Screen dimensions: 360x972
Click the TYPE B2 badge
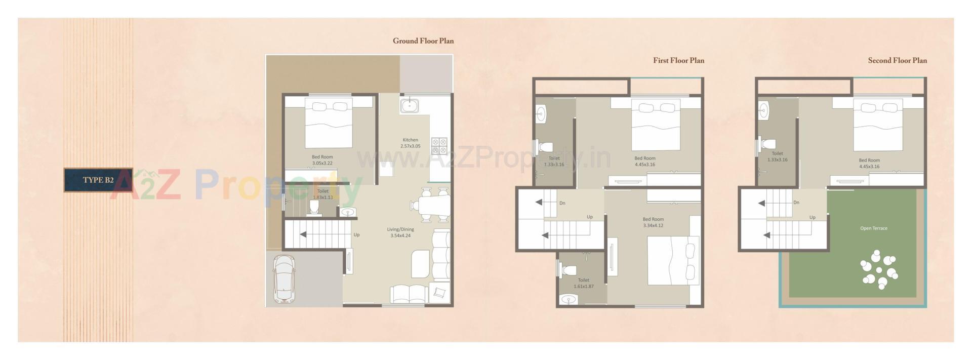click(x=98, y=180)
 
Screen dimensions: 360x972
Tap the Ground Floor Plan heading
click(x=423, y=41)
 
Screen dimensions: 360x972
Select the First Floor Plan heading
click(x=678, y=61)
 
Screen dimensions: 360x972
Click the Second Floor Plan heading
click(x=897, y=61)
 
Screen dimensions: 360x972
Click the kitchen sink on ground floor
click(x=409, y=106)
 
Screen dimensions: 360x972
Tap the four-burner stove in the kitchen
click(x=439, y=146)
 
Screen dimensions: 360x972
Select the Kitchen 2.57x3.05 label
click(x=411, y=143)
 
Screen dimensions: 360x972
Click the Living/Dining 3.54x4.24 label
click(x=400, y=232)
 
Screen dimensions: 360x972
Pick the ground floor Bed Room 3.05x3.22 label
click(x=322, y=160)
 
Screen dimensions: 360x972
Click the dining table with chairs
click(x=431, y=205)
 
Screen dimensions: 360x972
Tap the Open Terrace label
click(x=873, y=228)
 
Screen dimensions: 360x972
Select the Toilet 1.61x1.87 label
click(x=583, y=283)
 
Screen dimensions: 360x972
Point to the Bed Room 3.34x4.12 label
click(x=653, y=222)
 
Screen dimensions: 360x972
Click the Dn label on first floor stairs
click(x=562, y=204)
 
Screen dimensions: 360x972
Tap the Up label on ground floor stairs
click(x=356, y=235)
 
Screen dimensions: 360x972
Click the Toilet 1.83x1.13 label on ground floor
click(x=322, y=194)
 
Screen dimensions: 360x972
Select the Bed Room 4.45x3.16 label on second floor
click(x=869, y=163)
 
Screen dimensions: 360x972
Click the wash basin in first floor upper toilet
click(x=541, y=113)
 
